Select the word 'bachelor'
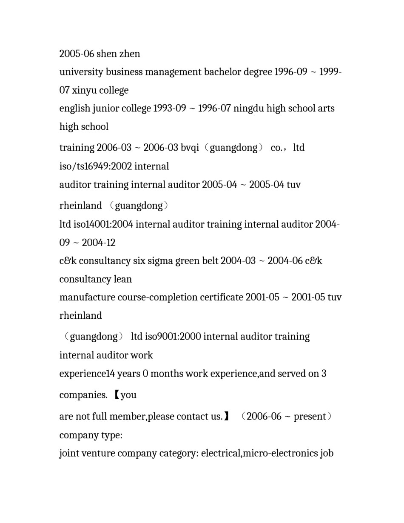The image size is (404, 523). [222, 72]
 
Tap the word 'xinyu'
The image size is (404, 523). [84, 90]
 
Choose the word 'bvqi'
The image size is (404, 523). [190, 148]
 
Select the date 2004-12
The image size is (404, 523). [99, 243]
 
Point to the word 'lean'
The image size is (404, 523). [123, 279]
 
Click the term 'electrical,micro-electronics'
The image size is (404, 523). [259, 453]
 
